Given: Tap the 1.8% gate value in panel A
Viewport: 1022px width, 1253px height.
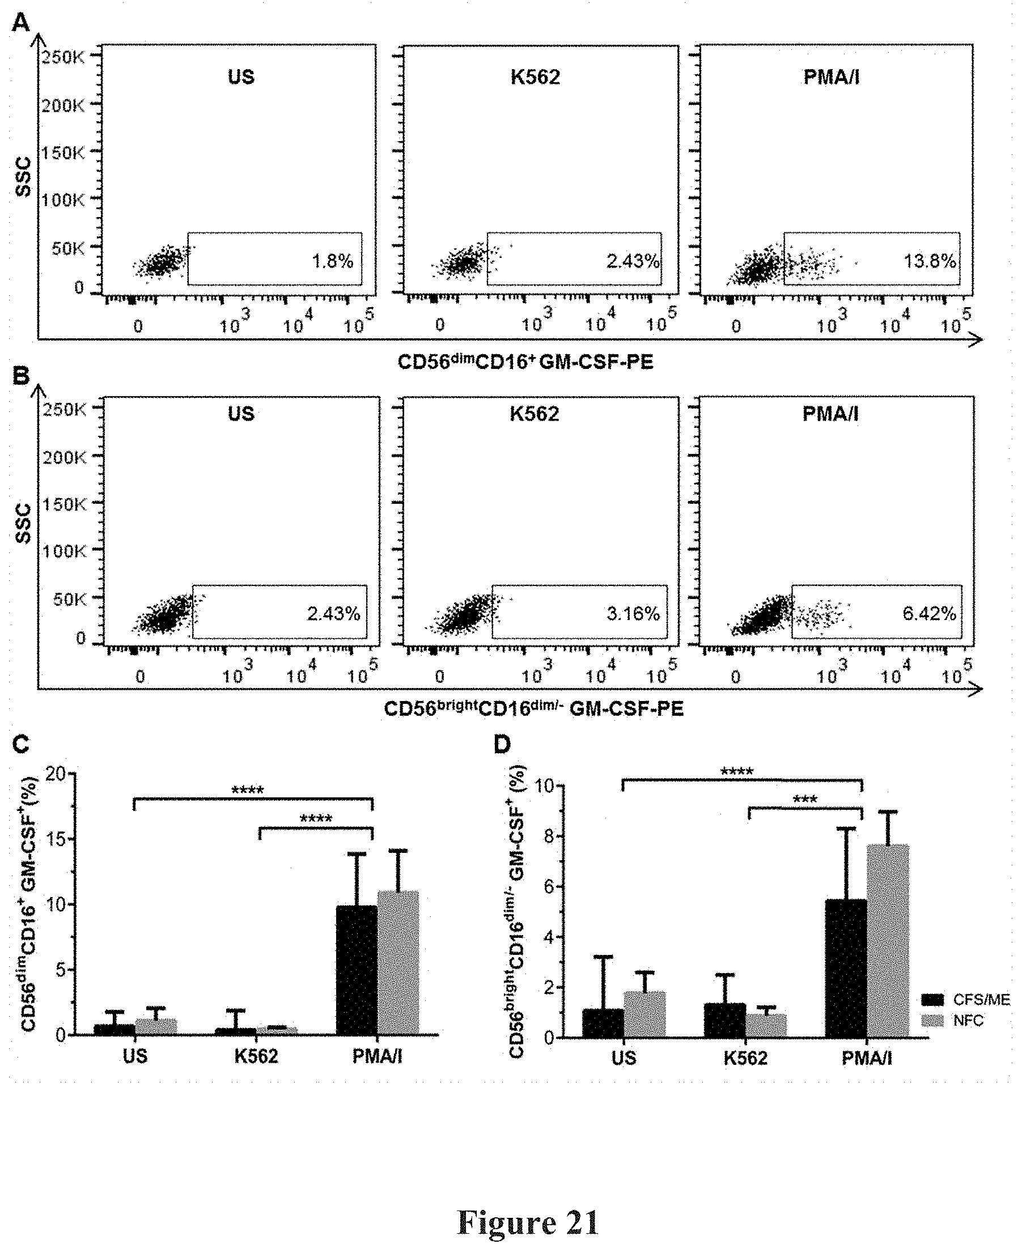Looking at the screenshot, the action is coord(333,261).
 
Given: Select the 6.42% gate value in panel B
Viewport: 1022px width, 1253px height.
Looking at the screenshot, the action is coord(929,614).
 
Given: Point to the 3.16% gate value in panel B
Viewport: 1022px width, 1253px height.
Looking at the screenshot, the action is coord(633,614).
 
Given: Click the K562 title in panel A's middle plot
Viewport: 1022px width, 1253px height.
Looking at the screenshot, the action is coord(535,77).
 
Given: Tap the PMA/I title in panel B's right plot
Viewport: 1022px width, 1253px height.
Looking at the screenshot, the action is coord(830,414).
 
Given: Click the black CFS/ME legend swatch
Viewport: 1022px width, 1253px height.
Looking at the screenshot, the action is coord(932,1000).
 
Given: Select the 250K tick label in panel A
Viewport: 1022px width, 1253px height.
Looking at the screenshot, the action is coord(63,57).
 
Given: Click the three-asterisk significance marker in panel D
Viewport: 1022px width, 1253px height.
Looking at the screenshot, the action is coord(805,799).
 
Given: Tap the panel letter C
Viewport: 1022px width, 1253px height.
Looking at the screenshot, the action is coord(20,745).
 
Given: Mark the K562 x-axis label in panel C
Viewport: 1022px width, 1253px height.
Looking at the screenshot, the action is coord(256,1056).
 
